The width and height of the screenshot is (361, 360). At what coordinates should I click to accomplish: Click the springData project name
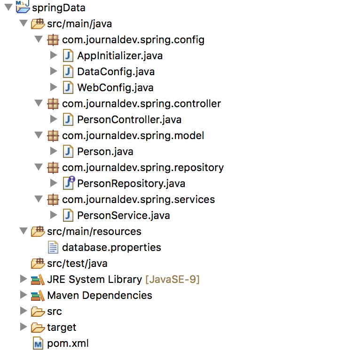point(59,8)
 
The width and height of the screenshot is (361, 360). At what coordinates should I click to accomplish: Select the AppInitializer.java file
point(120,56)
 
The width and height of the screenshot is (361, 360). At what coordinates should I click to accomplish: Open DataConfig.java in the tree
point(116,72)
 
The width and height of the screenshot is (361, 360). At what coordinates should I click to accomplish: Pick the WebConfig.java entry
point(115,88)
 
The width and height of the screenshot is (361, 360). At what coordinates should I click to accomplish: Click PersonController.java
point(129,120)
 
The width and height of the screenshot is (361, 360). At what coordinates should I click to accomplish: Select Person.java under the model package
point(105,152)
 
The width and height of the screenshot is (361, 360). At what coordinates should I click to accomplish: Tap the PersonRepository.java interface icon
point(69,183)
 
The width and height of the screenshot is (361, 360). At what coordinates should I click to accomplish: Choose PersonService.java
point(124,216)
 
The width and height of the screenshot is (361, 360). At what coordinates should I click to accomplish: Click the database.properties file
point(112,248)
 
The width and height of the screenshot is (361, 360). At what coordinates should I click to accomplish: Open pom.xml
point(68,344)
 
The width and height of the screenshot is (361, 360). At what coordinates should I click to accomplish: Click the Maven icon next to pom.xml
point(38,343)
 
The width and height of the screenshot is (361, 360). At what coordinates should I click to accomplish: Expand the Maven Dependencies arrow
point(23,295)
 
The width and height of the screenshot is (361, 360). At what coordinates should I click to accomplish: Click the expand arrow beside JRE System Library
point(23,279)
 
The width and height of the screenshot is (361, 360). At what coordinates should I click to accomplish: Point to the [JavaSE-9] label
point(173,280)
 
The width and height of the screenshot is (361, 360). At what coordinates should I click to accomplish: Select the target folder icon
point(38,328)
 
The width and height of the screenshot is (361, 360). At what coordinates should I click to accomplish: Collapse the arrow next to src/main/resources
point(24,231)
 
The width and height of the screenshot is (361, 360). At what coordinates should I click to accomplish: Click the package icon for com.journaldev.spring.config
point(53,40)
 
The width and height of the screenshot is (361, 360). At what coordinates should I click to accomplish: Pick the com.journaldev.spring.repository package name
point(143,168)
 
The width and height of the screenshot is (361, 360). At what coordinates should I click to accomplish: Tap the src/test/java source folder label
point(78,264)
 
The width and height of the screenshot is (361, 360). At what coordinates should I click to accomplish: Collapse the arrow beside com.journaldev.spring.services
point(39,199)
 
